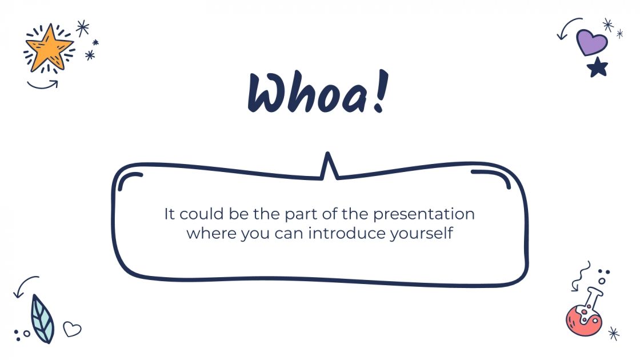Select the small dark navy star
click(x=598, y=67)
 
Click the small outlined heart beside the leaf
click(x=72, y=329)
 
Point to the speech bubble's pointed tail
click(x=328, y=166)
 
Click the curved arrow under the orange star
click(x=43, y=85)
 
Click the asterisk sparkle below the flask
click(x=614, y=333)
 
